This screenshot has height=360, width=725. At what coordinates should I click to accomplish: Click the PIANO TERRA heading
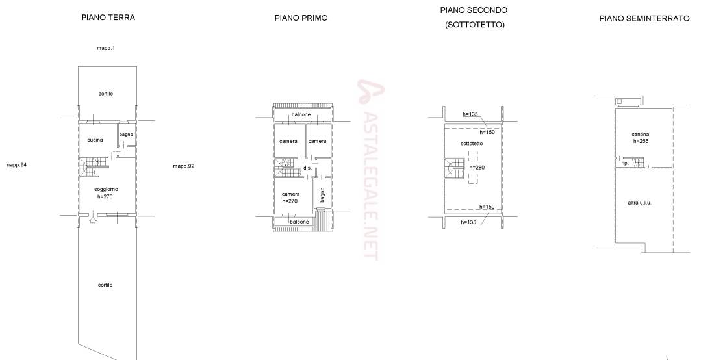108,18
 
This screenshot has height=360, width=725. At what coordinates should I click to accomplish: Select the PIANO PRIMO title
301,18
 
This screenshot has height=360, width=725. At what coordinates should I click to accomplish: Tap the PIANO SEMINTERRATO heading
644,18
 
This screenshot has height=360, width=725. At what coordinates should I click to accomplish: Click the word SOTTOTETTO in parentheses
474,25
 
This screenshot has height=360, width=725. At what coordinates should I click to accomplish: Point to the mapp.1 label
106,48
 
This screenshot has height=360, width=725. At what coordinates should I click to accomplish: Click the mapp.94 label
16,164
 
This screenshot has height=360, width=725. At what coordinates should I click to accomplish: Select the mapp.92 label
184,166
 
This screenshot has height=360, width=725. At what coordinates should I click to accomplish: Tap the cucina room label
95,140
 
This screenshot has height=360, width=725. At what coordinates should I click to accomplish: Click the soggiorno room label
106,189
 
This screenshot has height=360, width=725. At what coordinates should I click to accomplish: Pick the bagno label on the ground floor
126,135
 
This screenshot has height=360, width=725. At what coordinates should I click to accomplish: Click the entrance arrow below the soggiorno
93,218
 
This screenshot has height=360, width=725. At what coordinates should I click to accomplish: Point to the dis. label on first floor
307,168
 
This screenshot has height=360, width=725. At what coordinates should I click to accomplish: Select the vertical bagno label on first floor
322,195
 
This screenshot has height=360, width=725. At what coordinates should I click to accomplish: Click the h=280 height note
477,168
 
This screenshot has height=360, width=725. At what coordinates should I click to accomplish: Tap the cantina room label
641,135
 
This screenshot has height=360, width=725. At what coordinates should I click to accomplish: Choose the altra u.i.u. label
639,203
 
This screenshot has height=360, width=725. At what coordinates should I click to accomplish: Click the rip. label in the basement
625,163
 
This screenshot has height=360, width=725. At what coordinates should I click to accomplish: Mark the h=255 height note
641,141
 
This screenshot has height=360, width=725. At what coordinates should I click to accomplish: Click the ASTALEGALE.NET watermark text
370,171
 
